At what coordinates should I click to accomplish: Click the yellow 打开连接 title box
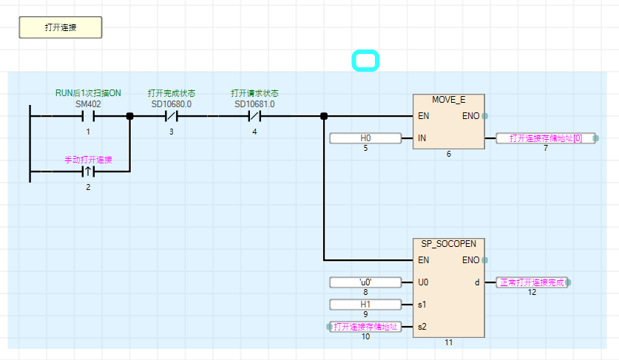61,27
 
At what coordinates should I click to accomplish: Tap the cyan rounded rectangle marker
365,61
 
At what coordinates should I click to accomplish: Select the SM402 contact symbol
88,116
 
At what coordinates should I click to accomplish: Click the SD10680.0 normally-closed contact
171,116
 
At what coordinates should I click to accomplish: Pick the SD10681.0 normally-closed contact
254,116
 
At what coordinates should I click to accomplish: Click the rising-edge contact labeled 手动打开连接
88,171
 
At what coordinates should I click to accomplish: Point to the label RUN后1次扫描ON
88,93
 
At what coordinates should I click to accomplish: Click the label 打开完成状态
171,93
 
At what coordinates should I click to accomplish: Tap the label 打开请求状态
254,93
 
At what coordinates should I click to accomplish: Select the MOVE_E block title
448,100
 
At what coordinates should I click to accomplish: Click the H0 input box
365,138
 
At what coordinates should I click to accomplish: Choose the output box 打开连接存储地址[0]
546,138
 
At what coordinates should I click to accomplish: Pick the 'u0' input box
365,282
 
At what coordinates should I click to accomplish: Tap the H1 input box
365,305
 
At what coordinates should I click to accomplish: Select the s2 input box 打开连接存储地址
365,327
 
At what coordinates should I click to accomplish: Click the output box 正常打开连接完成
532,282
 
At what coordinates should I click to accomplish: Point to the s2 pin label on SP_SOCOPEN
422,327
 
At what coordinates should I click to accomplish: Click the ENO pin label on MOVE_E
470,116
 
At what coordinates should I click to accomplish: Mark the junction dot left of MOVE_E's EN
324,116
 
